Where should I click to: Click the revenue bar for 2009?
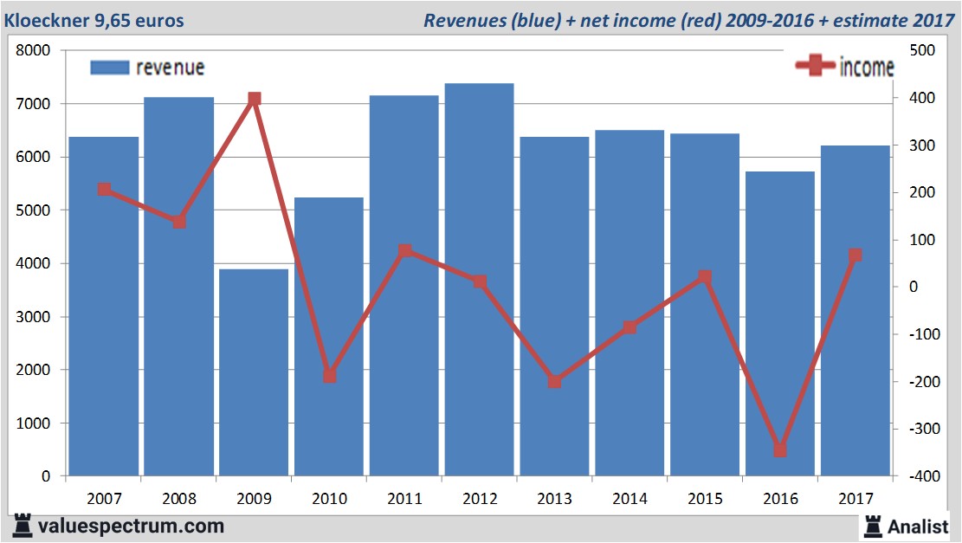(x=254, y=372)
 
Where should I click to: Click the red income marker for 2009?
(x=254, y=100)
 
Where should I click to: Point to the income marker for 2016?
(x=779, y=450)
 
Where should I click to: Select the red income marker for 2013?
(x=554, y=381)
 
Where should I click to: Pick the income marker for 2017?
(x=855, y=255)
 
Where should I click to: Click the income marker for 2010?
(x=329, y=376)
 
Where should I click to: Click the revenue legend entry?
(x=147, y=68)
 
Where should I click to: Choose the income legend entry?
(x=844, y=68)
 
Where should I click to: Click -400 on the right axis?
(x=920, y=476)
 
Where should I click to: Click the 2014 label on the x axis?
(x=629, y=499)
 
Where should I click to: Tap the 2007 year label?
(x=104, y=499)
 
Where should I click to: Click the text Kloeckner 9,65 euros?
(x=95, y=19)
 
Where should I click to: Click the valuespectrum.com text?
(x=130, y=526)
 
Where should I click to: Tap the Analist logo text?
(x=918, y=526)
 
